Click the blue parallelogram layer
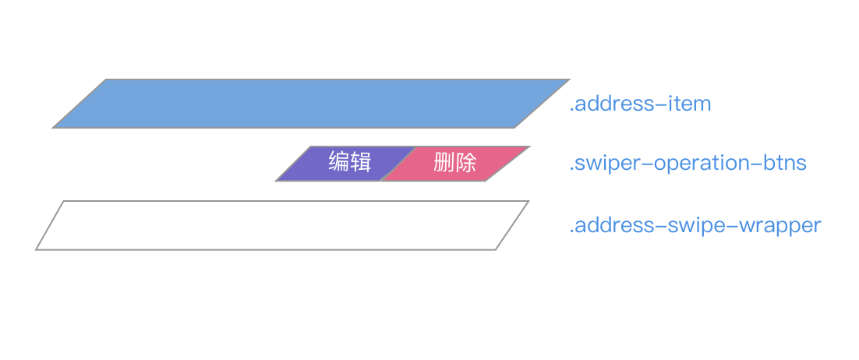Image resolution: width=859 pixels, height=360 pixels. coord(311,103)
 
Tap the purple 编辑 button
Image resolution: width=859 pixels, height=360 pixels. coord(343,164)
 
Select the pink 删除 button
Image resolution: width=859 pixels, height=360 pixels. coord(455,164)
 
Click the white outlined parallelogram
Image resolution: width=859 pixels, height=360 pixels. coord(282,225)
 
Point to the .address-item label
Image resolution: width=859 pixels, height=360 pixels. coord(640,104)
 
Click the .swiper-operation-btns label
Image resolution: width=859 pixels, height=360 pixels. coord(688,164)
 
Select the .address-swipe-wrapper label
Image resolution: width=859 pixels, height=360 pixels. coord(695,226)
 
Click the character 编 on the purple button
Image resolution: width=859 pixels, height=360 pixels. coord(338,164)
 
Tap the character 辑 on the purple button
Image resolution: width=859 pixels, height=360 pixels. coord(360,164)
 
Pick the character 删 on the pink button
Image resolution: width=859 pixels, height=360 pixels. coord(444,164)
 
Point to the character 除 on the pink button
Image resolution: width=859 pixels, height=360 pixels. coord(466,164)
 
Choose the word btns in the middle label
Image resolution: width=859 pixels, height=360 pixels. coord(783,164)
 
